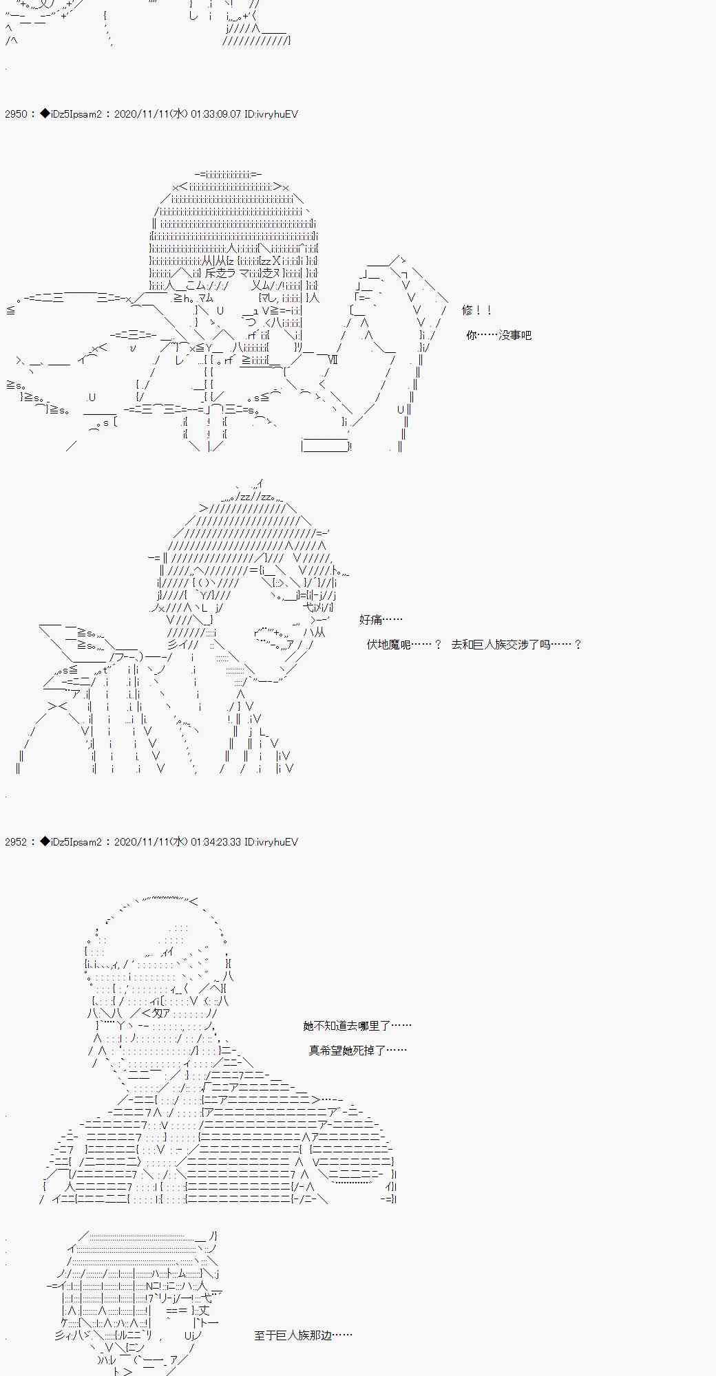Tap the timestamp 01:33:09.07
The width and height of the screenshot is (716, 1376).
pyautogui.click(x=215, y=114)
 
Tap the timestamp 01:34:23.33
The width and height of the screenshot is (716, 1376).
pyautogui.click(x=215, y=842)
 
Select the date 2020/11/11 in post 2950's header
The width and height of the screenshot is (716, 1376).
pyautogui.click(x=142, y=114)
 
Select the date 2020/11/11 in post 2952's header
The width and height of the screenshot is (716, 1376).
pyautogui.click(x=142, y=842)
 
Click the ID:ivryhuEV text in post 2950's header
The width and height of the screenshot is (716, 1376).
pyautogui.click(x=271, y=114)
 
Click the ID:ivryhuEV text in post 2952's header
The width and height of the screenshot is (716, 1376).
pyautogui.click(x=271, y=842)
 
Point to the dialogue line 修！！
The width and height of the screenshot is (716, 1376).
pyautogui.click(x=476, y=311)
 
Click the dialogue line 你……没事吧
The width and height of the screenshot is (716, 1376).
pyautogui.click(x=498, y=336)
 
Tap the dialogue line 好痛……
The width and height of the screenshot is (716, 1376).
pyautogui.click(x=381, y=620)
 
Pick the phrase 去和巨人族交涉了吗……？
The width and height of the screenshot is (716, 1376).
pyautogui.click(x=516, y=645)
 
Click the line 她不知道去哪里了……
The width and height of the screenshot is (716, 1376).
pyautogui.click(x=357, y=1026)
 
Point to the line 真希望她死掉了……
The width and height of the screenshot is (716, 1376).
pyautogui.click(x=357, y=1051)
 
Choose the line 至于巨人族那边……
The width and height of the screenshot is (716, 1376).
pyautogui.click(x=303, y=1335)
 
